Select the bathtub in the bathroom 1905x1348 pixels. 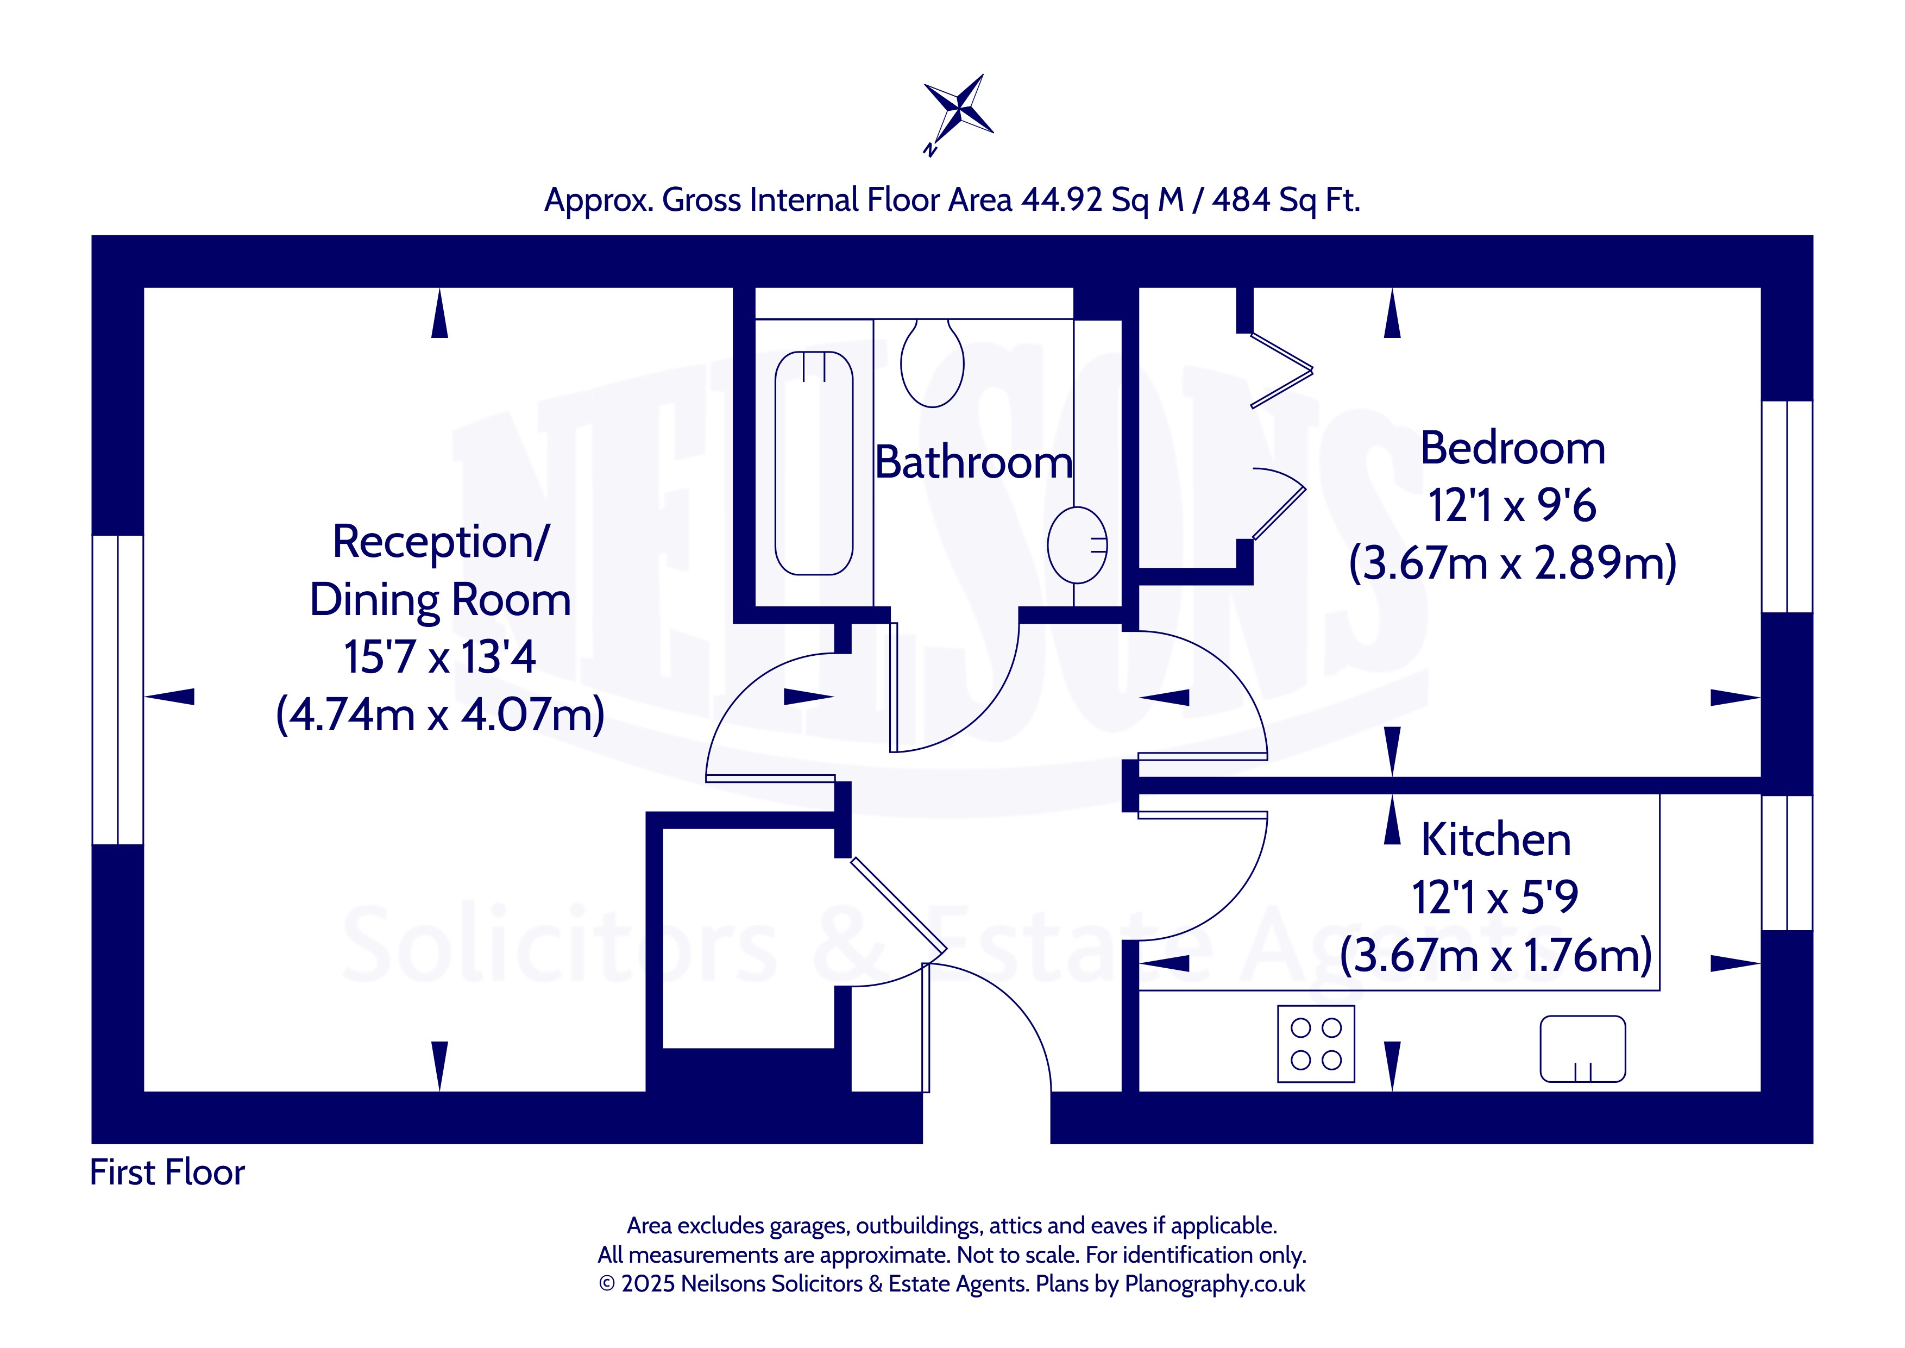[813, 463]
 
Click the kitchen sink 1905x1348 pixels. [1582, 1049]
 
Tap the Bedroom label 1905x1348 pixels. [1513, 448]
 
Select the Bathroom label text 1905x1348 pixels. [973, 462]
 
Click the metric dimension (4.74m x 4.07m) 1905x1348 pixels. [440, 714]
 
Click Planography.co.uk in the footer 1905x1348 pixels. [1215, 1284]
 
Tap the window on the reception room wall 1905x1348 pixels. [118, 690]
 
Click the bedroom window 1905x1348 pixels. [1787, 506]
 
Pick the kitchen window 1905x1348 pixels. [1787, 862]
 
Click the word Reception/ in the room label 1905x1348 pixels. [441, 542]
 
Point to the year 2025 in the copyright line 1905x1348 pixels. [648, 1284]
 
